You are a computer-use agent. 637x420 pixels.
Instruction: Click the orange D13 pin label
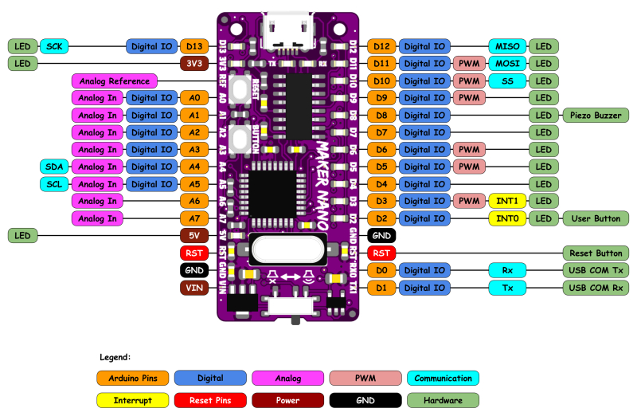194,46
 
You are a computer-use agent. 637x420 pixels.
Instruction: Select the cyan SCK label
54,46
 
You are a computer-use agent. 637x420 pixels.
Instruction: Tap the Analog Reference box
113,80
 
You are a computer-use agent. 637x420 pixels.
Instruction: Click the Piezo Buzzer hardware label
595,115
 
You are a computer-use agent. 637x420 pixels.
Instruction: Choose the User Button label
595,218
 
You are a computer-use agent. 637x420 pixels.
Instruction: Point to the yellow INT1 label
506,201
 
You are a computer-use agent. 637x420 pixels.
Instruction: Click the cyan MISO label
506,46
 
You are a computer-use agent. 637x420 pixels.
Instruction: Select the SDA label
54,167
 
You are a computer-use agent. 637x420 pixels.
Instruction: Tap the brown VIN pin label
194,288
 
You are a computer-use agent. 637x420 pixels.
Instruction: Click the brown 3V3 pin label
194,64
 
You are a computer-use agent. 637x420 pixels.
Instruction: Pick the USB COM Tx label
595,270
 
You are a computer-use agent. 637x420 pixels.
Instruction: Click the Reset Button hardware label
595,253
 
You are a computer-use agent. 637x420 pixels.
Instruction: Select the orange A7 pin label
194,218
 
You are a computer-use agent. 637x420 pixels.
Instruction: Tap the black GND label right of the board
381,236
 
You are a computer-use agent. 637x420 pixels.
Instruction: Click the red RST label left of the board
194,253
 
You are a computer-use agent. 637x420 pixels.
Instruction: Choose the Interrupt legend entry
132,399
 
